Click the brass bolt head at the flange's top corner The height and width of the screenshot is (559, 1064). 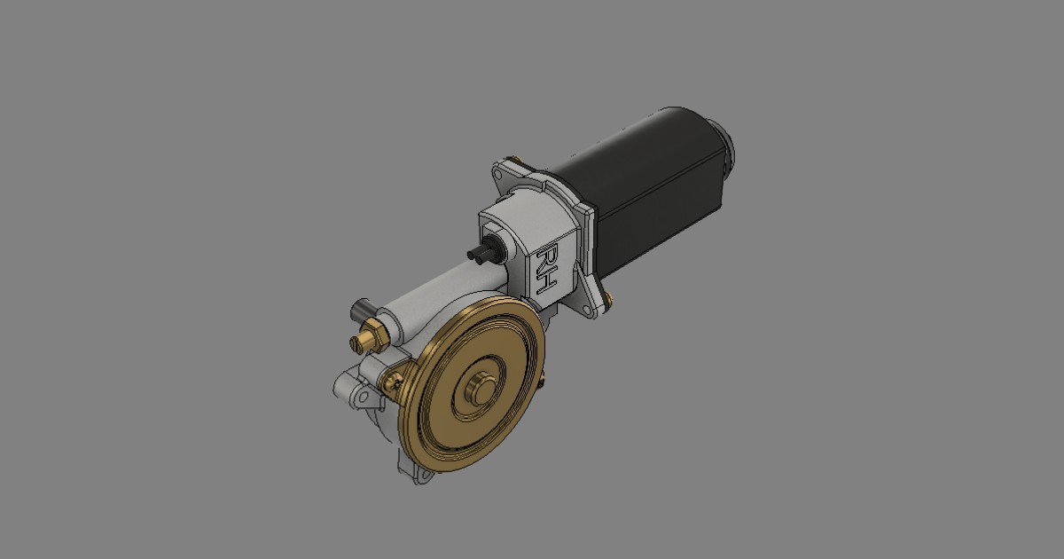coord(513,160)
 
